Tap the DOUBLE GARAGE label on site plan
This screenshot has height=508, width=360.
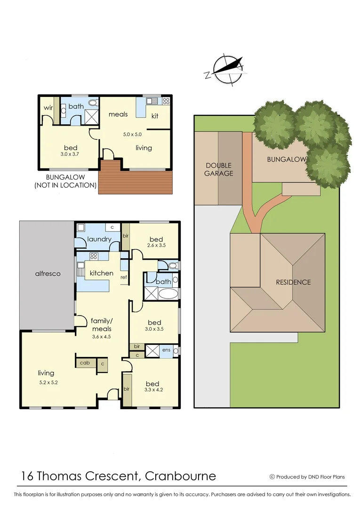tap(218, 169)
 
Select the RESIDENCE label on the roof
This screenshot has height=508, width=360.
tap(293, 282)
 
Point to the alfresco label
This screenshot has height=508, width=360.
tap(47, 274)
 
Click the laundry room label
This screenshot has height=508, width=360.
tap(99, 239)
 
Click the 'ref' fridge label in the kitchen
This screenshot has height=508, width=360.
tap(124, 277)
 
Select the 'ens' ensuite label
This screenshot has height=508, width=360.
tap(167, 350)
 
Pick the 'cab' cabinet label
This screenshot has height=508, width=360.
tap(85, 363)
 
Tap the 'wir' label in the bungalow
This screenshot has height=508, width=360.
tap(48, 108)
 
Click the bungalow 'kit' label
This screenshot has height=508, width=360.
tap(154, 116)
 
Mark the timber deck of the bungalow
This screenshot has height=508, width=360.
tap(136, 178)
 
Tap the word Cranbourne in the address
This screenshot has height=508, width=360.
tap(181, 476)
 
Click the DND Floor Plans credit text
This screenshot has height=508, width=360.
tap(311, 476)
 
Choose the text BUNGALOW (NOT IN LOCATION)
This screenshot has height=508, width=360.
tap(65, 181)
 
